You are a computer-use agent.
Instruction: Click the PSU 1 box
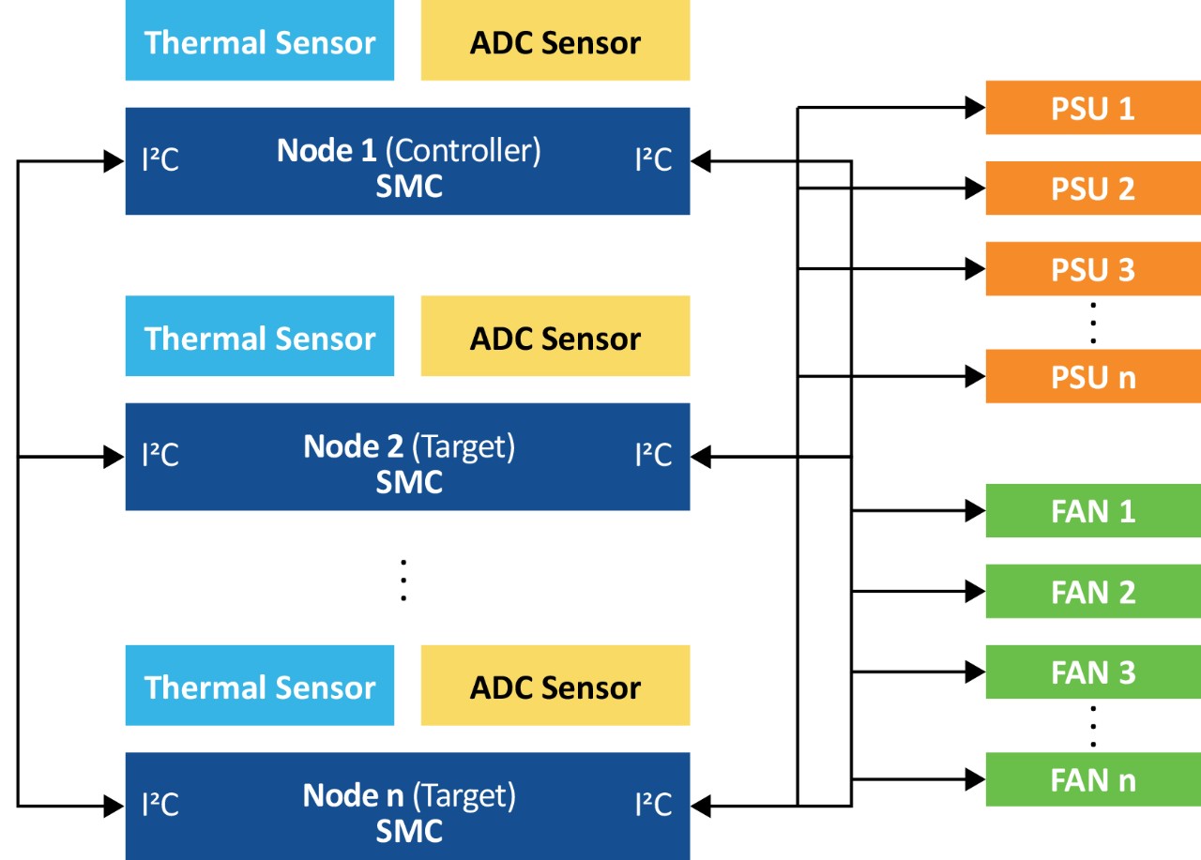(x=1092, y=108)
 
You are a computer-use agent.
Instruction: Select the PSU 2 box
(x=1092, y=189)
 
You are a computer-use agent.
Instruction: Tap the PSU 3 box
(x=1092, y=269)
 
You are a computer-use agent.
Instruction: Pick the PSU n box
(x=1092, y=377)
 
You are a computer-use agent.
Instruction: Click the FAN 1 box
(x=1092, y=511)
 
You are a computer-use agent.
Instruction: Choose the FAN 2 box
(x=1092, y=592)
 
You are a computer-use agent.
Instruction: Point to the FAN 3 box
(x=1092, y=672)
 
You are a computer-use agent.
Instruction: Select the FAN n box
(x=1092, y=780)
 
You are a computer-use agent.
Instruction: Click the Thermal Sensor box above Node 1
(x=260, y=41)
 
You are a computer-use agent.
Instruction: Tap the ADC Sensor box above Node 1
(x=555, y=41)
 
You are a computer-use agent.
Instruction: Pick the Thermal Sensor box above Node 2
(x=260, y=337)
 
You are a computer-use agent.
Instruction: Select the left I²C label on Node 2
(x=160, y=456)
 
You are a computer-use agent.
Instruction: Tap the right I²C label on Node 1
(x=653, y=160)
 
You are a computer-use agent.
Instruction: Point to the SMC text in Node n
(x=409, y=831)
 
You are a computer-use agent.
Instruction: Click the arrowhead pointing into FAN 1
(x=976, y=511)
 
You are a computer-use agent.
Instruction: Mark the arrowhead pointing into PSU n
(x=976, y=377)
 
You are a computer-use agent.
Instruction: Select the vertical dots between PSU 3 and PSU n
(x=1093, y=324)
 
